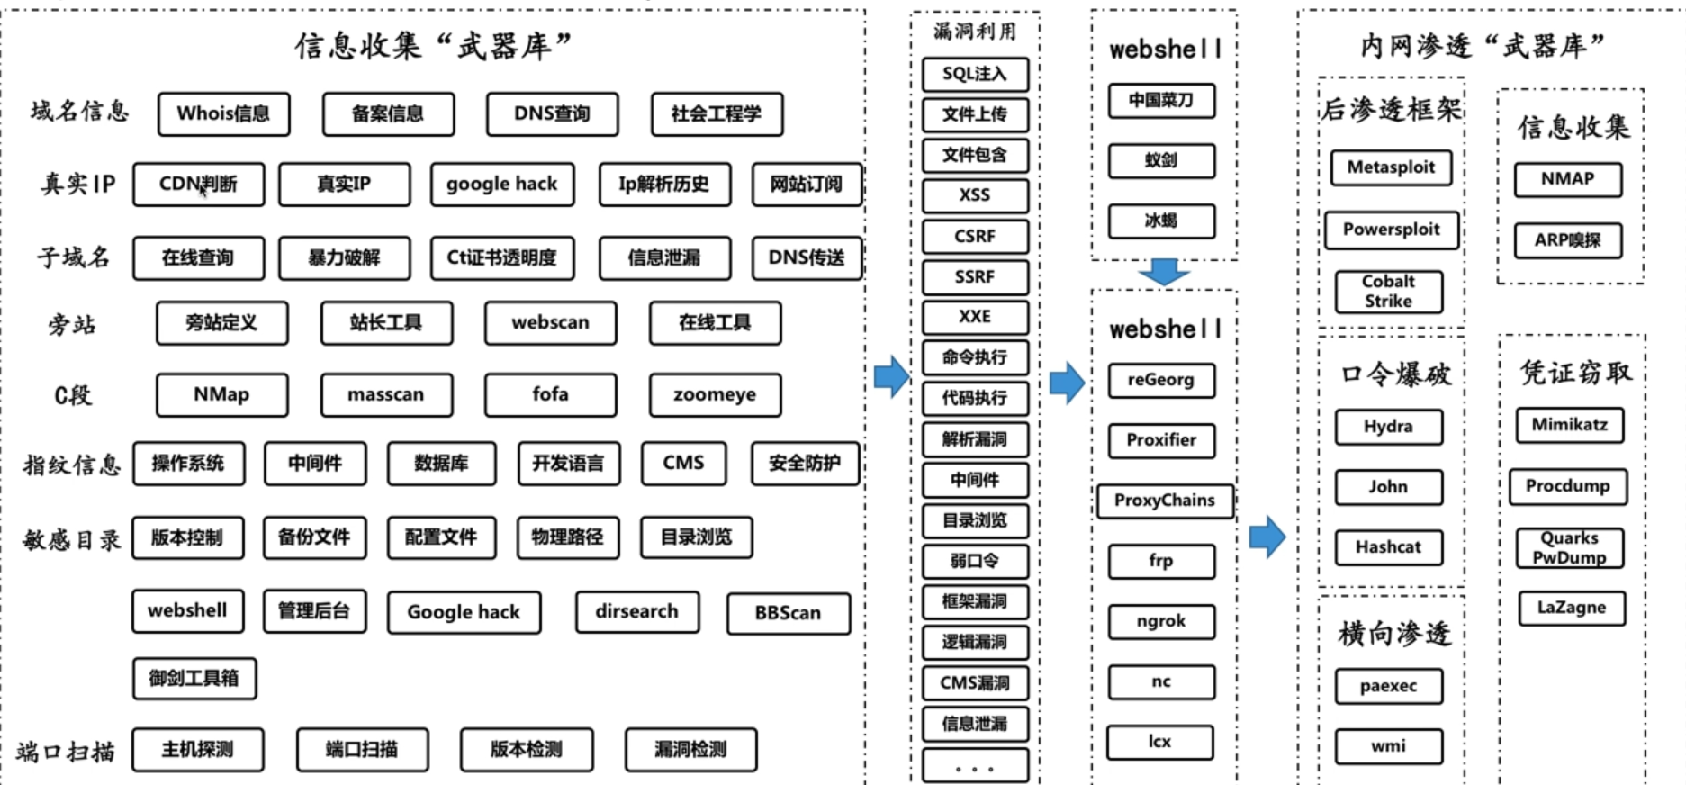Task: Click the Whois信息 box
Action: pyautogui.click(x=223, y=113)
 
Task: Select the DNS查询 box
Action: pyautogui.click(x=552, y=113)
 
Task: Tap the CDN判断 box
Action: pyautogui.click(x=198, y=184)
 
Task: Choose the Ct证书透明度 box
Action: pyautogui.click(x=501, y=257)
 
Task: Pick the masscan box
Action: pyautogui.click(x=386, y=394)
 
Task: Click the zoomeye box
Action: pyautogui.click(x=715, y=394)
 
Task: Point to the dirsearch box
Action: pyautogui.click(x=636, y=611)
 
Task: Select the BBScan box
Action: pyautogui.click(x=788, y=613)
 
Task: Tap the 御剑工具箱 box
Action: pyautogui.click(x=194, y=678)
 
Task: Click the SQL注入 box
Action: pyautogui.click(x=975, y=74)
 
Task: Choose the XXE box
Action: pyautogui.click(x=975, y=317)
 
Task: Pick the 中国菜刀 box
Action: pyautogui.click(x=1161, y=100)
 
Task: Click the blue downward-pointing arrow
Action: pyautogui.click(x=1163, y=272)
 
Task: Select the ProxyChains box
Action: pyautogui.click(x=1164, y=501)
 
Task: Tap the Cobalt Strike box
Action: pyautogui.click(x=1388, y=292)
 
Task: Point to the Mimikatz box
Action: pyautogui.click(x=1570, y=425)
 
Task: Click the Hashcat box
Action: pyautogui.click(x=1388, y=546)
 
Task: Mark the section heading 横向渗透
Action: pyautogui.click(x=1393, y=634)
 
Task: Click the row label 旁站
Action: pyautogui.click(x=72, y=324)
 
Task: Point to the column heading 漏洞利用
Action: pyautogui.click(x=975, y=32)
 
